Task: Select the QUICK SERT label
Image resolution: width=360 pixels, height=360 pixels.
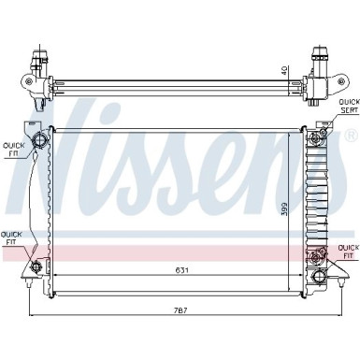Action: (348, 106)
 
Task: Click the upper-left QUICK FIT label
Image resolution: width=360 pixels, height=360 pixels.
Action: (13, 150)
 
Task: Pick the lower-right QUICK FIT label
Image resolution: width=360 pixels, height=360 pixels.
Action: (347, 251)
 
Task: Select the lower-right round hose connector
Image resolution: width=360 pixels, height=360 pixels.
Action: (317, 253)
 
